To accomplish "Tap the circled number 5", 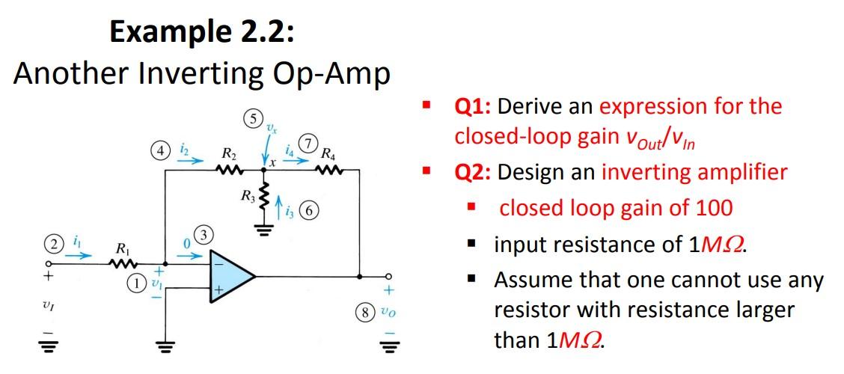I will click(253, 118).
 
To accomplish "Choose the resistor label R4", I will click(328, 156).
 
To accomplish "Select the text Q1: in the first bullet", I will click(474, 106).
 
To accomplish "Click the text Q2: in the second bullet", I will click(474, 172).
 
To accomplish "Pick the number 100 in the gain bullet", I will click(713, 207).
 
